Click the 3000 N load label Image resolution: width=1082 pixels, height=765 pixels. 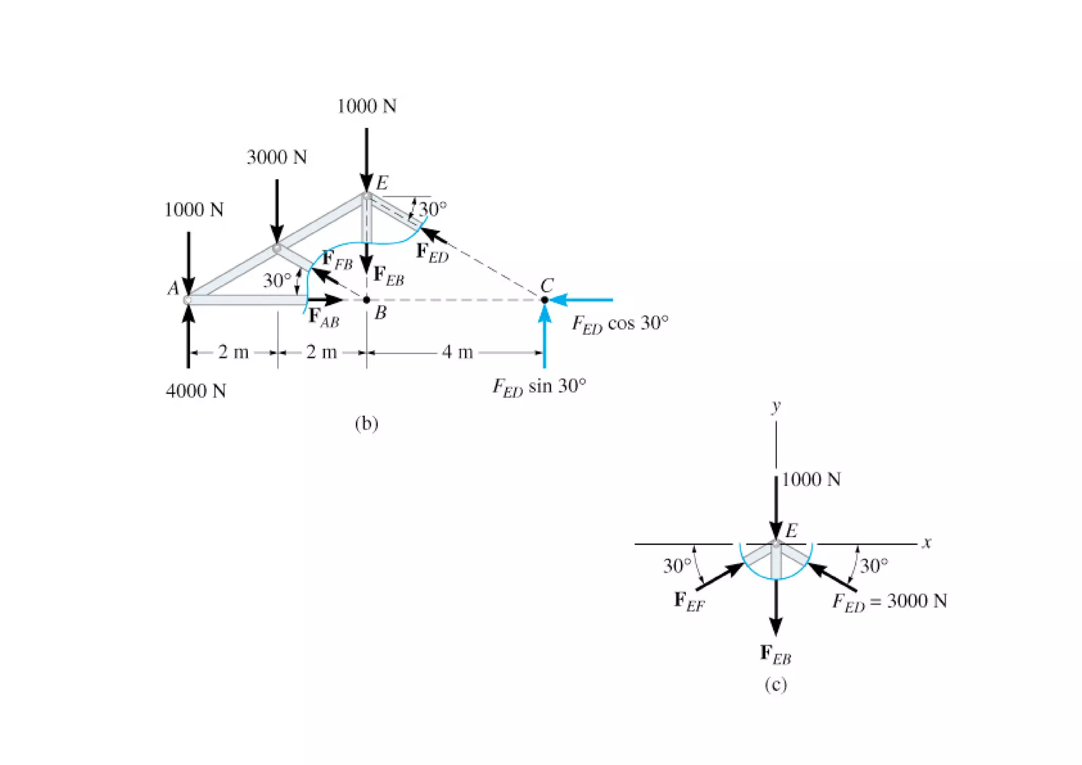tap(277, 157)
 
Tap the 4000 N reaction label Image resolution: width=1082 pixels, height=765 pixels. tap(195, 391)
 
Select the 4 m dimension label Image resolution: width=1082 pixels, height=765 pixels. tap(457, 352)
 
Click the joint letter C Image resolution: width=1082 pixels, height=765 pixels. tap(547, 286)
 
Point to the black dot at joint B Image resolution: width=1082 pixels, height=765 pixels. tap(367, 300)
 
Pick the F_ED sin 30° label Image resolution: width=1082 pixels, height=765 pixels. tap(539, 387)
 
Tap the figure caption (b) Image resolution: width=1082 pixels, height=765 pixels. tap(367, 423)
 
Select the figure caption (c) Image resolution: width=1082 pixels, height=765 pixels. tap(776, 685)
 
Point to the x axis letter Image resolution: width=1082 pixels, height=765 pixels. tap(926, 543)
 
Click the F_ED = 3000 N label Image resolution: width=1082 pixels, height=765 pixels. tap(890, 602)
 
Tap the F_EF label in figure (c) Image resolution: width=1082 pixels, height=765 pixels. tap(689, 601)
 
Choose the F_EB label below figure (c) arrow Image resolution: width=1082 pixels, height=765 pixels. tap(775, 655)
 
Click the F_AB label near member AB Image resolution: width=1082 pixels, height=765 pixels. tap(323, 318)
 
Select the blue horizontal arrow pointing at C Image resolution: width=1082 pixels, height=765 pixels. tap(581, 300)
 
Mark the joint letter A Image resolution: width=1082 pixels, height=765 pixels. tap(173, 288)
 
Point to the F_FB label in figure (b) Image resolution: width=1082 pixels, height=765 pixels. tap(337, 260)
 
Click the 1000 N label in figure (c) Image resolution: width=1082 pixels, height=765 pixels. tap(811, 479)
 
